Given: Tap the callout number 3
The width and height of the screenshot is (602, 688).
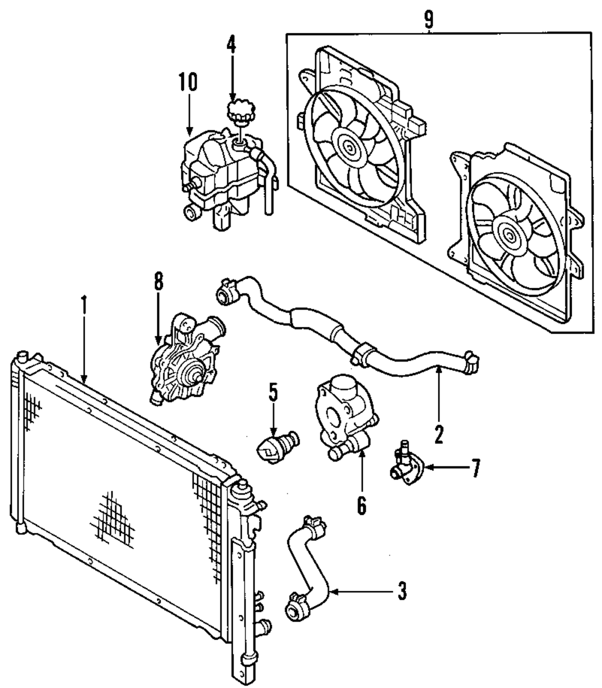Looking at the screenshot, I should [401, 592].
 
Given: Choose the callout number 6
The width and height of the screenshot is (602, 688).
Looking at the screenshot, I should [361, 505].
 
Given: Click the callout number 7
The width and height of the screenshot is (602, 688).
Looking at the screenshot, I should [476, 468].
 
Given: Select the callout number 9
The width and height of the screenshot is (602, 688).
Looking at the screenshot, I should [428, 19].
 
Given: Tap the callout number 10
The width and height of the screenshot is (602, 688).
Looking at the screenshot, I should [188, 83].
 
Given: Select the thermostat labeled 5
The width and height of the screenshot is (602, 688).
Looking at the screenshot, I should [275, 445].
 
